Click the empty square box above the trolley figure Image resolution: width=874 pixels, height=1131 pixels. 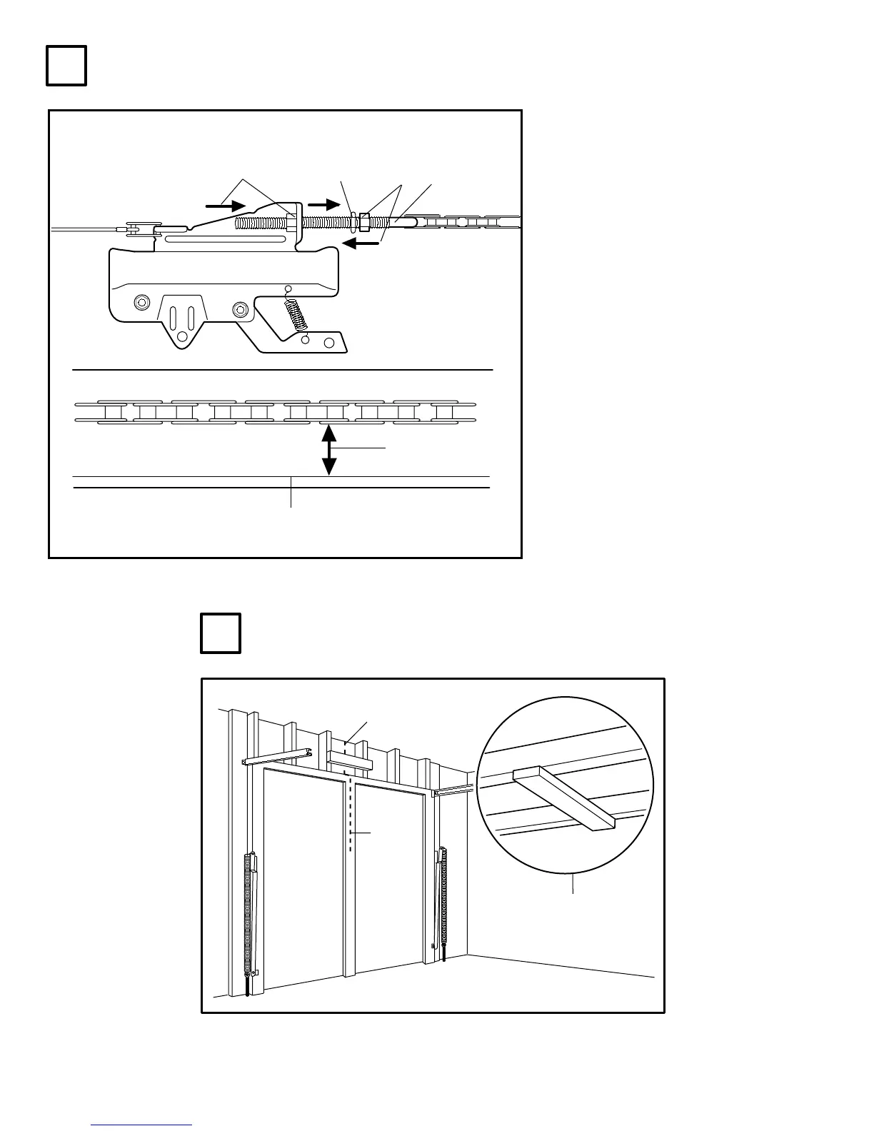pos(66,66)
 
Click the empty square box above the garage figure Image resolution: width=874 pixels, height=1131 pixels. pos(220,633)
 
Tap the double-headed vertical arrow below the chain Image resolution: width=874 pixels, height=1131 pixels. pos(328,450)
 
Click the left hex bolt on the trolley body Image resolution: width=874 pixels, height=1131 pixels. pos(142,303)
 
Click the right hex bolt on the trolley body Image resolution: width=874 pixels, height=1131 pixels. pos(241,308)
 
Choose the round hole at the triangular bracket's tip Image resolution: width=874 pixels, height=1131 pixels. pos(182,336)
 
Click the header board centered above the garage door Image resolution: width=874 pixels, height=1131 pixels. pos(350,760)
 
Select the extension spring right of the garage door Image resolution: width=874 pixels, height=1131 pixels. pos(446,896)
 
